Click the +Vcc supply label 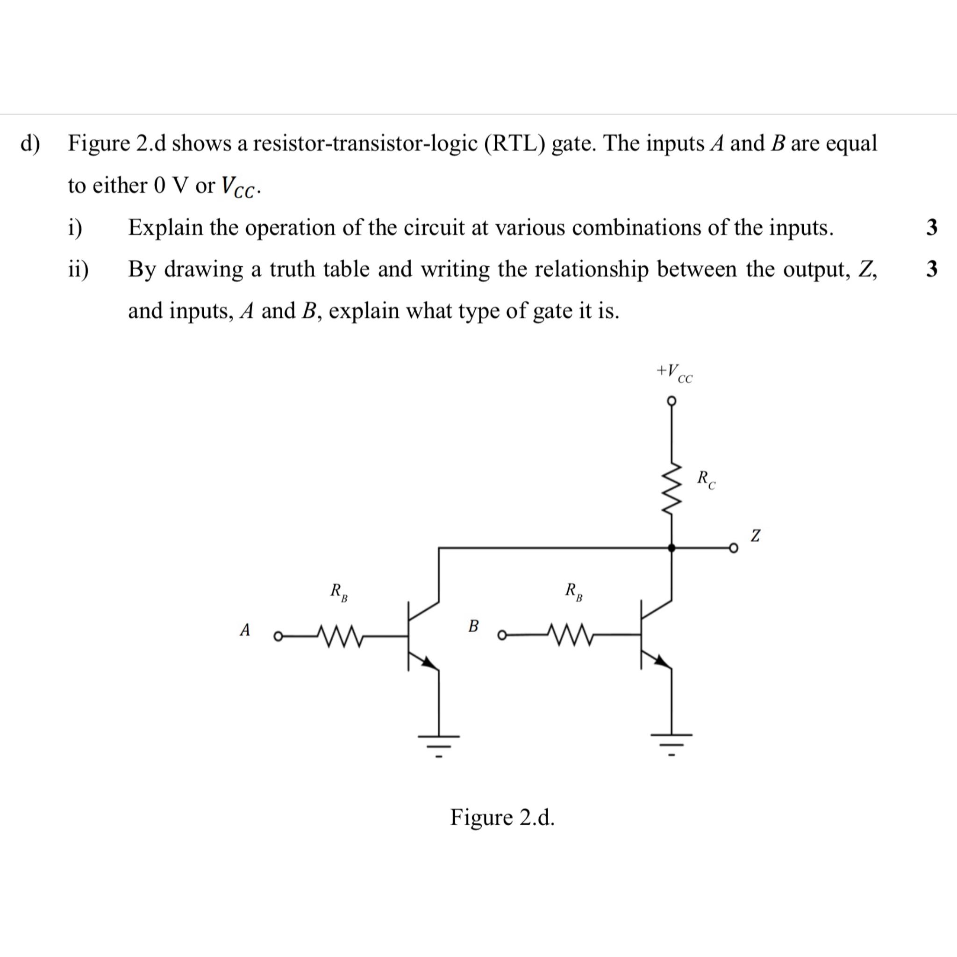pyautogui.click(x=674, y=373)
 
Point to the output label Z pyautogui.click(x=755, y=536)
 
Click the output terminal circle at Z pyautogui.click(x=734, y=548)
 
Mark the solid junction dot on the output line pyautogui.click(x=671, y=548)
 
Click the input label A pyautogui.click(x=245, y=630)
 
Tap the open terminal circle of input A pyautogui.click(x=279, y=636)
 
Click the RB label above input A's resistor pyautogui.click(x=339, y=592)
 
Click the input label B pyautogui.click(x=473, y=626)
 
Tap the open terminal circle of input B pyautogui.click(x=502, y=635)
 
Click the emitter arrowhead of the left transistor pyautogui.click(x=429, y=662)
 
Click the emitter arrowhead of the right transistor pyautogui.click(x=661, y=660)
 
